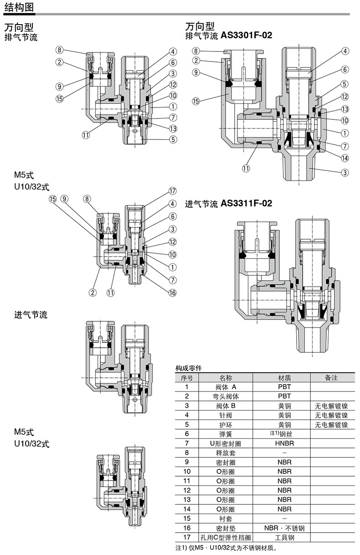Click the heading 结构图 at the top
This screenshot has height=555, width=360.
(19, 7)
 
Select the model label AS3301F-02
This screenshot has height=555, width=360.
(246, 35)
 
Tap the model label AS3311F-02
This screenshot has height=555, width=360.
(246, 203)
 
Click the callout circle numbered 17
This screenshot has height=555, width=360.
(172, 191)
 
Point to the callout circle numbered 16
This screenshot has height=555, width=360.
(172, 293)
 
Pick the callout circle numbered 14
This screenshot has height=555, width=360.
(345, 158)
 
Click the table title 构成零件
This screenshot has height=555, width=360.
(189, 368)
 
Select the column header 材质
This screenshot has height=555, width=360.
(284, 378)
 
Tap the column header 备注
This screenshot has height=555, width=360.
(331, 378)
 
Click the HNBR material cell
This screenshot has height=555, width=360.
(284, 443)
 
